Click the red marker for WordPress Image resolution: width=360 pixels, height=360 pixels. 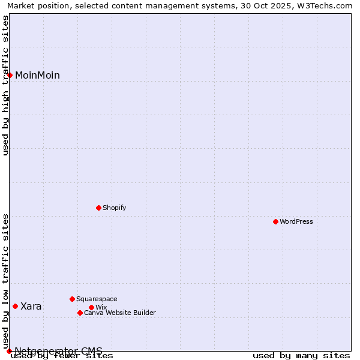coord(275,221)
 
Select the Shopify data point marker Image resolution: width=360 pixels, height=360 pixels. coord(98,208)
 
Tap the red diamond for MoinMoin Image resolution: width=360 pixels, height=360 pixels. coord(10,75)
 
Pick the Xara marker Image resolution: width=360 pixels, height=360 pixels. coord(15,306)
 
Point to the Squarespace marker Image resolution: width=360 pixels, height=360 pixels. coord(72,299)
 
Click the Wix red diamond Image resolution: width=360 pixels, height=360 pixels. coord(91,307)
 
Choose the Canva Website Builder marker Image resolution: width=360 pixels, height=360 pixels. coord(80,313)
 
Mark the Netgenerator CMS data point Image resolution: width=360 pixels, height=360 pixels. coord(9,351)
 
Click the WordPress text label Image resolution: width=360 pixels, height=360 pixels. coord(296,221)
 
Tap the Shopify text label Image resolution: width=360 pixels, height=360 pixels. coord(114,208)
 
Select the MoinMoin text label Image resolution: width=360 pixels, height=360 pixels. coord(37,75)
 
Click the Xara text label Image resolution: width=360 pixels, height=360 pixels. coord(31,307)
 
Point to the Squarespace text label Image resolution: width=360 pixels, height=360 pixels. coord(97,299)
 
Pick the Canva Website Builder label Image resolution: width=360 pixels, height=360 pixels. coord(120,313)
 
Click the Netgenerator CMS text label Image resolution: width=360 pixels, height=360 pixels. coord(58,351)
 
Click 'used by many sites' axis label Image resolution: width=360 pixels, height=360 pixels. coord(301,356)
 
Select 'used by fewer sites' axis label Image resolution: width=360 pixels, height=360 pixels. coord(62,356)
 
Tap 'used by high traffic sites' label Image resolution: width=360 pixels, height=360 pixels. coord(5,85)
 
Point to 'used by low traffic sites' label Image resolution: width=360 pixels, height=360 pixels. coord(5,277)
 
